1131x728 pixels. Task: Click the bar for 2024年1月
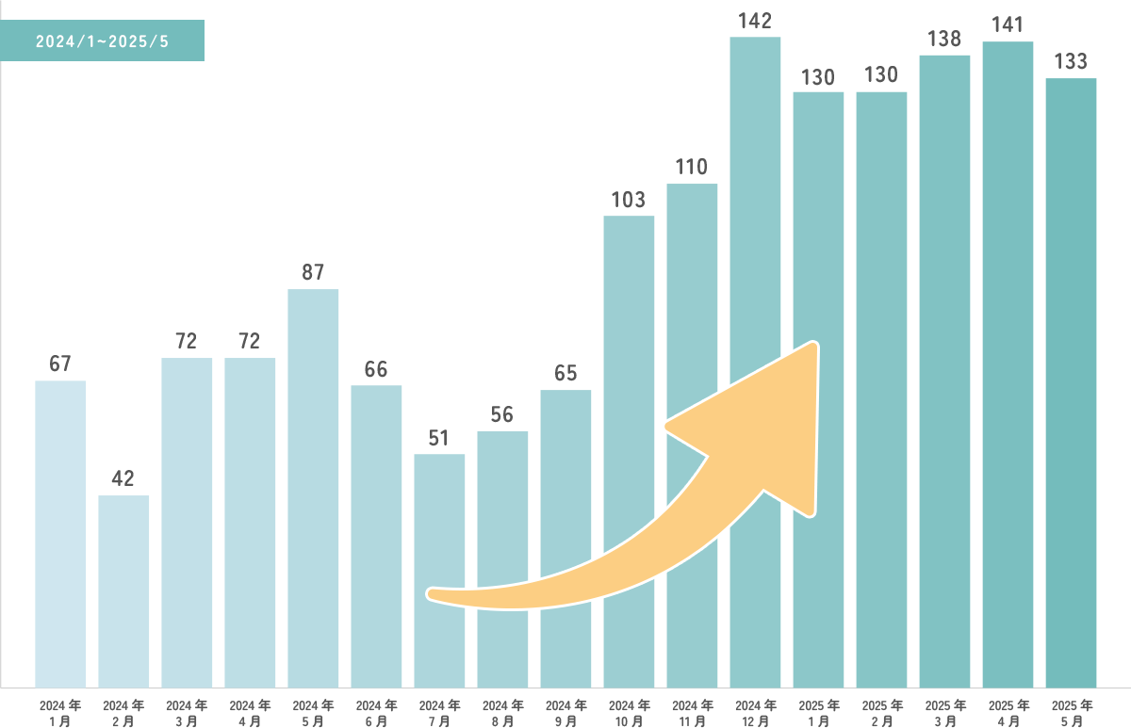pos(60,533)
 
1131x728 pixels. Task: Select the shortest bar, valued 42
pos(123,590)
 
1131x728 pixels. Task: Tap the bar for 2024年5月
pos(313,488)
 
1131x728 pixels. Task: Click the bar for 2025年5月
pos(1071,382)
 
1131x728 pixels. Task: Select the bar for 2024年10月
pos(629,451)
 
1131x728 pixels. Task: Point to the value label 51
pos(439,439)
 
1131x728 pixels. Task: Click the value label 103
pos(629,200)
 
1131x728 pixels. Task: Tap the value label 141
pos(1008,25)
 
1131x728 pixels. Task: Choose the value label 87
pos(313,273)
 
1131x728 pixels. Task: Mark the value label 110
pos(692,168)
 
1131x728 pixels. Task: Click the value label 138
pos(944,40)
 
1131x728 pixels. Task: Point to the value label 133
pos(1071,62)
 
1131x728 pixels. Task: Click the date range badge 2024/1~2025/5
pos(102,41)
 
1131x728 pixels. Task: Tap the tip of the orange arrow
pos(816,347)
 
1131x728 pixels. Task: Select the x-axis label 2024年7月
pos(439,713)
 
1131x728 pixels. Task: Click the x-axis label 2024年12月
pos(755,713)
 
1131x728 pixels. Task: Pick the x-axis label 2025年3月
pos(944,713)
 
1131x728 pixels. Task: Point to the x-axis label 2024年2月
pos(123,713)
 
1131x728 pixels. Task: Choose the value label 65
pos(565,374)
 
